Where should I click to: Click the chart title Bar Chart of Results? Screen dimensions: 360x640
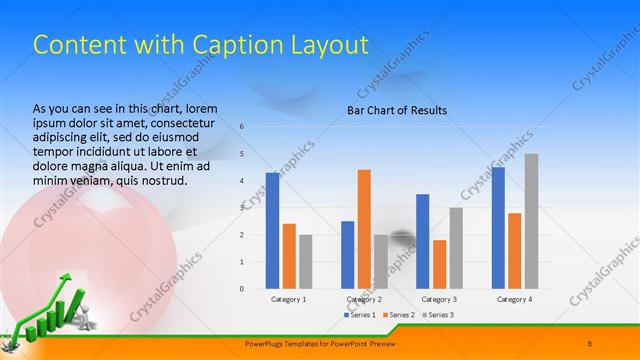[397, 110]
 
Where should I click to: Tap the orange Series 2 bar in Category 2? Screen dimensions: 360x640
[364, 229]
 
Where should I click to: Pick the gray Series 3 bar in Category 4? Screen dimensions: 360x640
[531, 221]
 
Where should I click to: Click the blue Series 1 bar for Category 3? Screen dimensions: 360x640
[422, 241]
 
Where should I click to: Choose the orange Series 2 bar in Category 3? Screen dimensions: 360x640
[439, 264]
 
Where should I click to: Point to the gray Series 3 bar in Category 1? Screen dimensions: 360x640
[305, 261]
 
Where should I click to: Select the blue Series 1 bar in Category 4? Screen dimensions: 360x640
[498, 227]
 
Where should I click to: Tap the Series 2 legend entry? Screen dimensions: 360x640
[398, 315]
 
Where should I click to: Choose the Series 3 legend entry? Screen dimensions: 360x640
[436, 315]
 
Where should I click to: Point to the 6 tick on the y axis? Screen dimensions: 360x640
[241, 126]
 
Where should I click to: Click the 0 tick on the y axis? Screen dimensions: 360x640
[241, 289]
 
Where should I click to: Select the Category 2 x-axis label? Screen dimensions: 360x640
[364, 299]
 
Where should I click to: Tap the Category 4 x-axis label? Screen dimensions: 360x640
[514, 299]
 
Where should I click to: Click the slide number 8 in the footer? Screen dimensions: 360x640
[590, 343]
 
